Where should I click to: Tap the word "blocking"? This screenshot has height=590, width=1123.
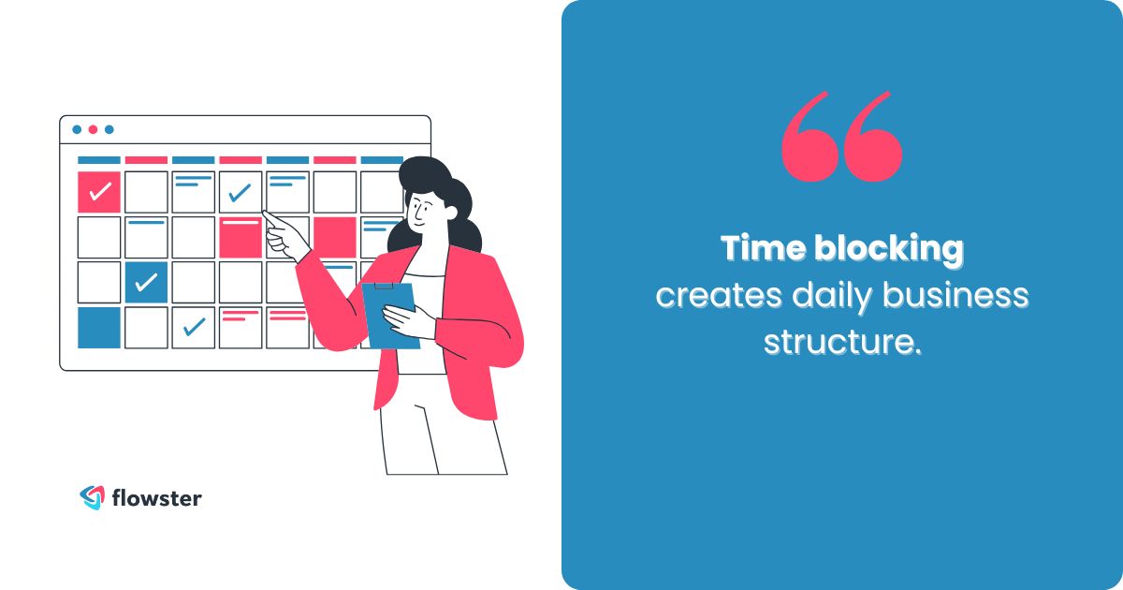tap(888, 249)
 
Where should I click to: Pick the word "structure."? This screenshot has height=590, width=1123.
tap(842, 342)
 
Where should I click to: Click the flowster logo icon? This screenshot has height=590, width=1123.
tap(91, 497)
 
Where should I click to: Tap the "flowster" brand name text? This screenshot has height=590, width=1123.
tap(155, 497)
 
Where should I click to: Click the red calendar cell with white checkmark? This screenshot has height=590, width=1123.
tap(99, 192)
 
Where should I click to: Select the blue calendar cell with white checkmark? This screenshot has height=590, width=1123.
tap(146, 282)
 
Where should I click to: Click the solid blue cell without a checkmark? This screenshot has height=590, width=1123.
tap(99, 328)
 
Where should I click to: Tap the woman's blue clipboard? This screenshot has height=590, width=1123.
tap(388, 314)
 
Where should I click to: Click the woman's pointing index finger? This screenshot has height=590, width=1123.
tap(269, 217)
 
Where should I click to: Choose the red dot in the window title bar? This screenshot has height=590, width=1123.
tap(93, 129)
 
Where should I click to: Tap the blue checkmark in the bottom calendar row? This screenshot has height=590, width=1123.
tap(194, 327)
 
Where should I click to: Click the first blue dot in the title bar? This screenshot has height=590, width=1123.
tap(77, 129)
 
